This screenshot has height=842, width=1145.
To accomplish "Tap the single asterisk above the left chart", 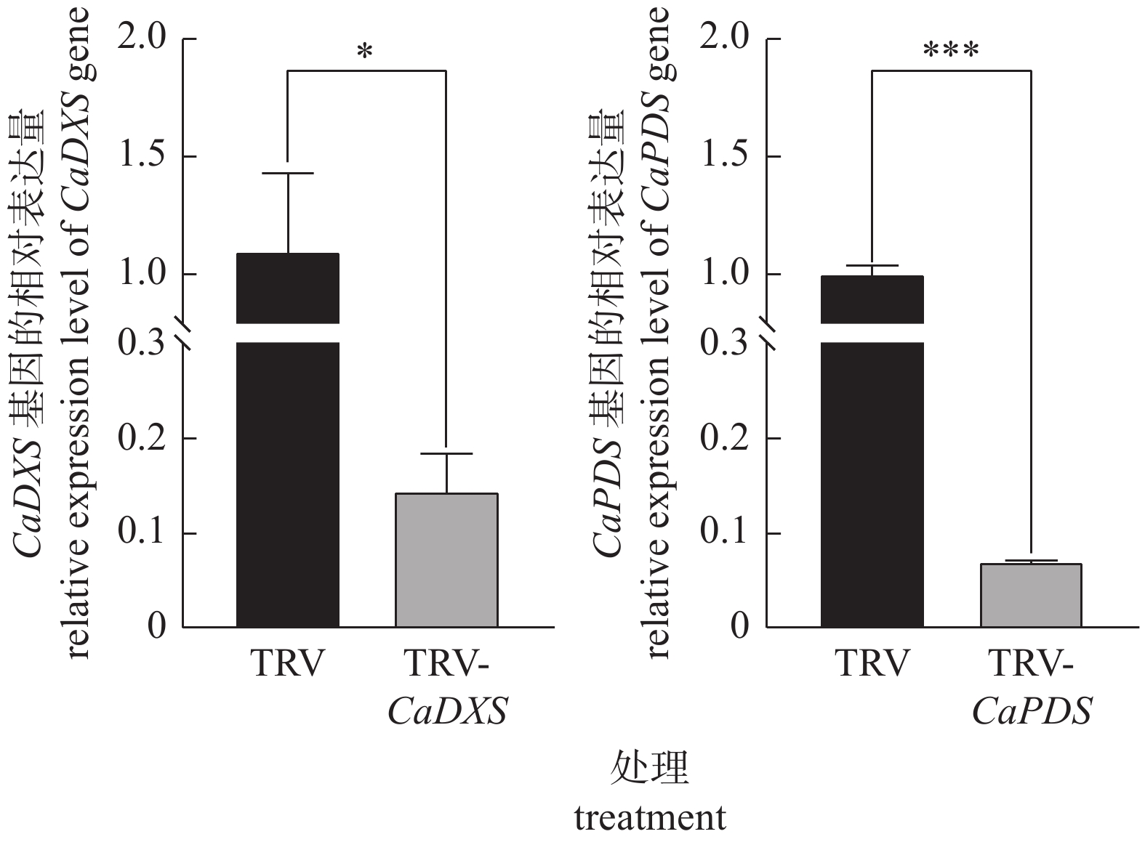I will [x=365, y=52].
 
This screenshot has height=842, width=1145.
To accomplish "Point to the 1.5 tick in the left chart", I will [x=142, y=157].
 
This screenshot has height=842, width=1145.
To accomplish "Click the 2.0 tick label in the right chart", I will [x=725, y=39].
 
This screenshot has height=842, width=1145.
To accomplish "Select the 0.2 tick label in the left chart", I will [x=142, y=439].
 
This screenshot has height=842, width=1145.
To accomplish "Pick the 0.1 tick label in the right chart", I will [x=725, y=533].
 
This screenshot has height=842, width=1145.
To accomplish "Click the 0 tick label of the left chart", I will [x=157, y=626].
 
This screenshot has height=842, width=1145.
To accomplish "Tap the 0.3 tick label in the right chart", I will [x=725, y=344].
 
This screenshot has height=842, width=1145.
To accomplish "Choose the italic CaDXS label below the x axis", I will [x=447, y=711].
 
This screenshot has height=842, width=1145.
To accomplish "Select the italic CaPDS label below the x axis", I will [x=1032, y=711].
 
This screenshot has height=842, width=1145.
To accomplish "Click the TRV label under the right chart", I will [x=872, y=663].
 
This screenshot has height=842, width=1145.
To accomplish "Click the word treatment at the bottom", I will [x=650, y=818].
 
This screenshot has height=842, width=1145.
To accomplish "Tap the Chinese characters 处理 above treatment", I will [x=650, y=769].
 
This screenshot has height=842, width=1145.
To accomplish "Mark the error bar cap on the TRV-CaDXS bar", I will [x=446, y=453].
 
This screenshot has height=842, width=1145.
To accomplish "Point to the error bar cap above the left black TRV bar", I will [x=288, y=174].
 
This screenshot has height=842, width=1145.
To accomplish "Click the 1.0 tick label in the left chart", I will [x=142, y=275].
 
